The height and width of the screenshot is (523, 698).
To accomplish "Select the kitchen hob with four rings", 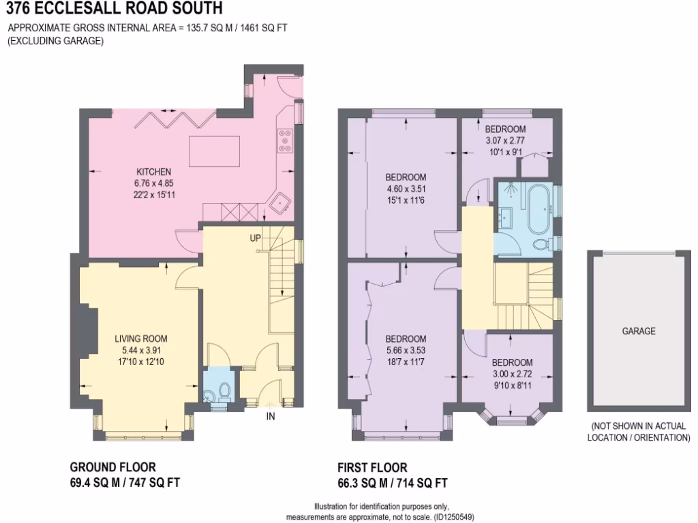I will pyautogui.click(x=284, y=140).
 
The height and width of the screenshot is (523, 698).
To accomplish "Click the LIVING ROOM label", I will pyautogui.click(x=140, y=338).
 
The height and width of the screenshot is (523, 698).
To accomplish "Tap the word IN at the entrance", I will pyautogui.click(x=271, y=416).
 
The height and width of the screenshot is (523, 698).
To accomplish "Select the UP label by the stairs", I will pyautogui.click(x=256, y=239).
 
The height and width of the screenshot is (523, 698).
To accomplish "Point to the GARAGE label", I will pyautogui.click(x=638, y=332).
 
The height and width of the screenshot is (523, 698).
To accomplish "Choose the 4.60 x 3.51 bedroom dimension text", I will pyautogui.click(x=406, y=189).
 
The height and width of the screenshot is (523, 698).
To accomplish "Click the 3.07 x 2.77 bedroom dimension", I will pyautogui.click(x=505, y=141).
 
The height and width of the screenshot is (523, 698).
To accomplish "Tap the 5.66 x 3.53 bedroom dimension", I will pyautogui.click(x=406, y=351).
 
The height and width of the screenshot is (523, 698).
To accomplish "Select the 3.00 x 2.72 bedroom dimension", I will pyautogui.click(x=512, y=374).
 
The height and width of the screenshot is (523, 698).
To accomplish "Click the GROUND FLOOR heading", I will pyautogui.click(x=113, y=467).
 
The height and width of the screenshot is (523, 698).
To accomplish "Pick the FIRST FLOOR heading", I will pyautogui.click(x=372, y=468).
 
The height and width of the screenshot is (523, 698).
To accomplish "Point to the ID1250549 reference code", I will pyautogui.click(x=453, y=517).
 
